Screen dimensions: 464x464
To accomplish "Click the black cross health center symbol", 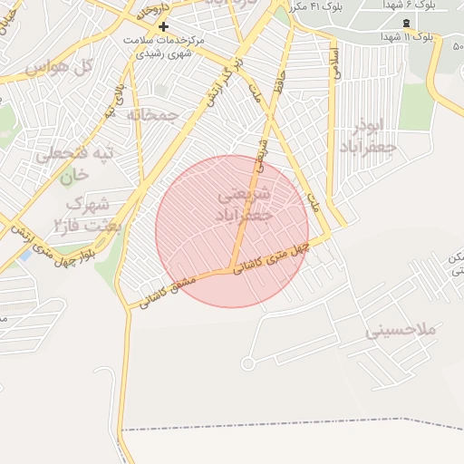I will [163, 27].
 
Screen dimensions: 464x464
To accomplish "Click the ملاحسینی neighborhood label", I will [401, 332].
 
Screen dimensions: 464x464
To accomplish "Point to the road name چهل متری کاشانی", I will [272, 257].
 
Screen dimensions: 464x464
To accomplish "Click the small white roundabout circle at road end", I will [247, 363].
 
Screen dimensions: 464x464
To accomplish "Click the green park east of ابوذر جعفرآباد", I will [417, 107].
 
